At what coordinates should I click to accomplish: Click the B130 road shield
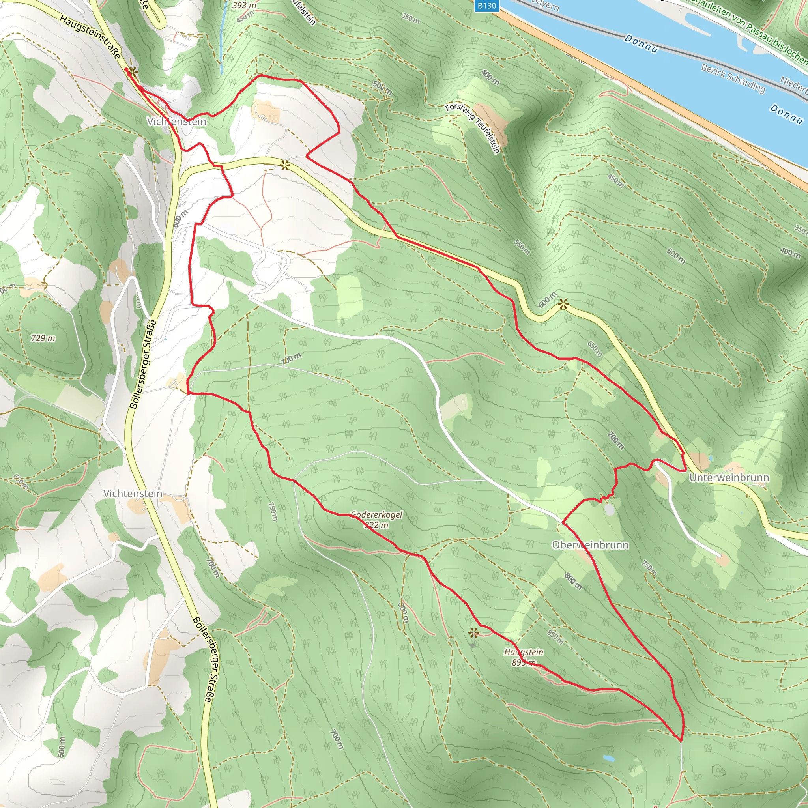tap(487, 6)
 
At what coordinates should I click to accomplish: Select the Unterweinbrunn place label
tap(729, 478)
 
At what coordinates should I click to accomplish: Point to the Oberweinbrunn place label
tap(590, 545)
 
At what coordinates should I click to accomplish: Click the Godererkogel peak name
tap(376, 515)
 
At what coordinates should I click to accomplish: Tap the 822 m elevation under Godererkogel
tap(376, 525)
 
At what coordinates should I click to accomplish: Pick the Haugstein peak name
tap(524, 652)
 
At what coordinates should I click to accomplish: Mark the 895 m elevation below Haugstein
tap(524, 662)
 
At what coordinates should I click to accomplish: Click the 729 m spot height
tap(43, 338)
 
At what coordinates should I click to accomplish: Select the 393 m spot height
tap(244, 6)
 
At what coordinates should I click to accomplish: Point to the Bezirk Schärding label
tap(733, 78)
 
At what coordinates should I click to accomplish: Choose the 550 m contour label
tap(522, 247)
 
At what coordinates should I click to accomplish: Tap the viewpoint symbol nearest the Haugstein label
tap(473, 633)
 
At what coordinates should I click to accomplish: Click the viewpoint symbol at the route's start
tap(133, 72)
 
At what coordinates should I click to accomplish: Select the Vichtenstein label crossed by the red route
tap(176, 122)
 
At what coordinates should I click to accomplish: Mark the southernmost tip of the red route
tap(681, 740)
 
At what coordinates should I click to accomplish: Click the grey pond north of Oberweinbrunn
tap(609, 509)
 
